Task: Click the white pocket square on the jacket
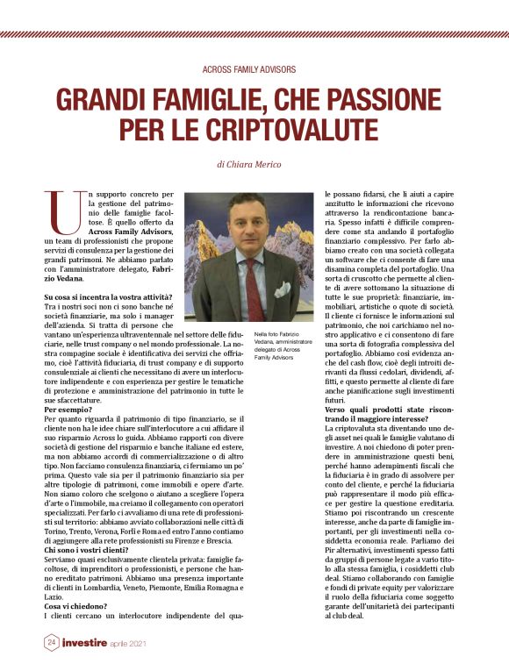(x=282, y=289)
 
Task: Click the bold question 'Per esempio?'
(x=72, y=410)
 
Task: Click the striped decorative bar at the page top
(x=254, y=34)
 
